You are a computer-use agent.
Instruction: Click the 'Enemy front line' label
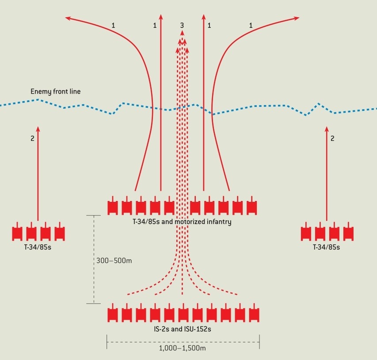click(x=56, y=91)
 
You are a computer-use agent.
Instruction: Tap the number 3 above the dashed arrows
click(x=182, y=25)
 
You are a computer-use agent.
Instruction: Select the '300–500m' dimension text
click(x=114, y=261)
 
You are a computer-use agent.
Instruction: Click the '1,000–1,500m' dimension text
click(x=182, y=348)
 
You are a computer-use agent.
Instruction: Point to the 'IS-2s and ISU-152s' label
click(x=183, y=329)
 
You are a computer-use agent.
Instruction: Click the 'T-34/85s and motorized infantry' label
click(x=182, y=222)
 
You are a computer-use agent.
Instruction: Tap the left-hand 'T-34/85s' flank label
click(x=38, y=247)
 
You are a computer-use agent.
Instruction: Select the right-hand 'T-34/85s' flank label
click(x=326, y=247)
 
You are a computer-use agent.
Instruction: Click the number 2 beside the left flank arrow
click(x=32, y=138)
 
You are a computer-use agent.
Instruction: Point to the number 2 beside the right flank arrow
click(x=332, y=138)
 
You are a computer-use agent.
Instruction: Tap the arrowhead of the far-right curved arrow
click(x=297, y=18)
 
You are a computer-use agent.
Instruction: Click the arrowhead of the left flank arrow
click(x=38, y=129)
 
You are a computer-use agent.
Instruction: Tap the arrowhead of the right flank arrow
click(x=327, y=129)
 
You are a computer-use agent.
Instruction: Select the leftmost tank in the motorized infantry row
click(x=113, y=205)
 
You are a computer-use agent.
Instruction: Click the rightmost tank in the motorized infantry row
click(x=252, y=205)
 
